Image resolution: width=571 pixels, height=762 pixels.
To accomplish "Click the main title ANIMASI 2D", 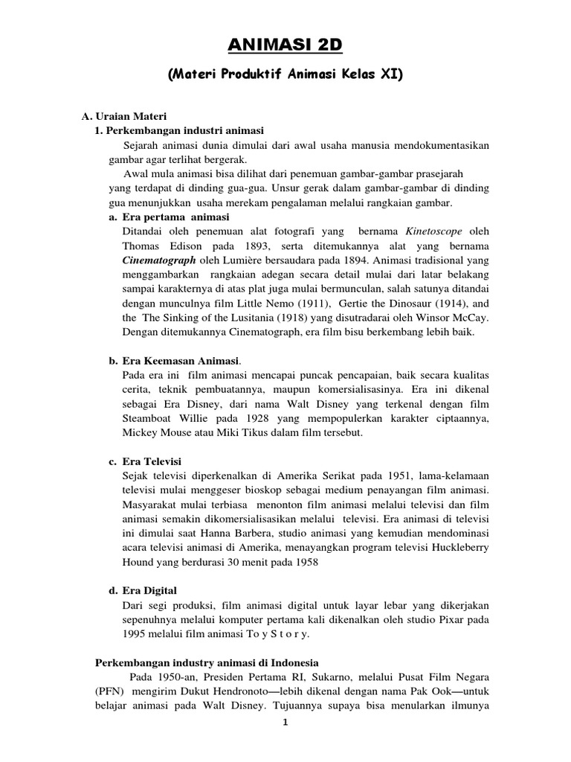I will pos(285,45).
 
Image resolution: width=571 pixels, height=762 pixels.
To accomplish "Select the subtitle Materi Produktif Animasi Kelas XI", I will pos(285,75).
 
